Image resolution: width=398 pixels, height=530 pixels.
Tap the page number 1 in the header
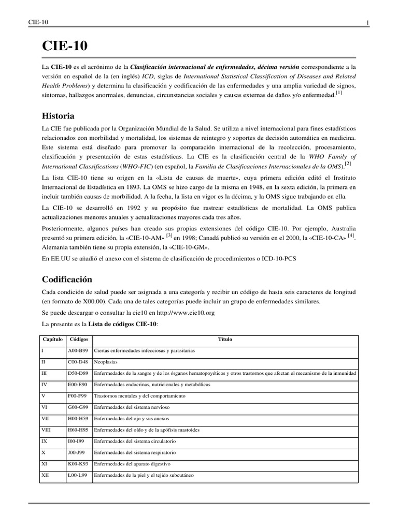[x=367, y=22]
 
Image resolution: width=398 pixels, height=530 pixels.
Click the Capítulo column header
[x=52, y=340]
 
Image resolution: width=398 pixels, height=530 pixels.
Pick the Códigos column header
[x=78, y=340]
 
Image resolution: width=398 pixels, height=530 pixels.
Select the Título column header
[x=225, y=340]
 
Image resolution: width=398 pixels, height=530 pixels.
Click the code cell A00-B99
[x=78, y=351]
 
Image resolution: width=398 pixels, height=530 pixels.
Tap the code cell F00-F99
[x=77, y=396]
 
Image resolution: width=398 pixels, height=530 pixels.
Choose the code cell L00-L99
[x=77, y=475]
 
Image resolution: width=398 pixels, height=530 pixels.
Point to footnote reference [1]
[x=338, y=93]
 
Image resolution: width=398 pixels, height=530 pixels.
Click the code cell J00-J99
[x=77, y=452]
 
